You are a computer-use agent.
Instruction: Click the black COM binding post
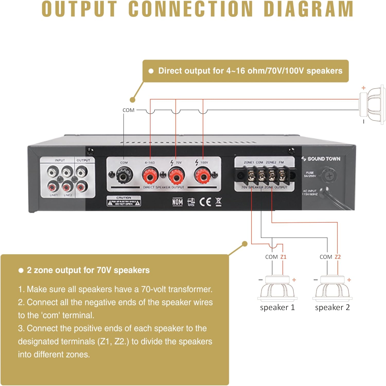[x=125, y=176]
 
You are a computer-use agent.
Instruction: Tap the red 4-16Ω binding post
[x=150, y=176]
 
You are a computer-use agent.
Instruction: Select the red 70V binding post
[x=176, y=176]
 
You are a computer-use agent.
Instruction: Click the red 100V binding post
[x=203, y=176]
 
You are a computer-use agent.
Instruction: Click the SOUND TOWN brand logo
[x=321, y=159]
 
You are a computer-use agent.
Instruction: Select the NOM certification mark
[x=178, y=202]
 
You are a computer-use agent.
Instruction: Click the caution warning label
[x=124, y=201]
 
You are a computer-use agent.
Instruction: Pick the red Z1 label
[x=283, y=257]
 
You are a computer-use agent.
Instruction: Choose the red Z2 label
[x=338, y=257]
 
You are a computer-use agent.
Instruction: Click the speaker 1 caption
[x=277, y=307]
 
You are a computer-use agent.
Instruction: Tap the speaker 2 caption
[x=332, y=307]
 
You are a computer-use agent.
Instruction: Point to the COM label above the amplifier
[x=128, y=110]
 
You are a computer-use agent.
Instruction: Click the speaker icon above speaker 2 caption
[x=332, y=289]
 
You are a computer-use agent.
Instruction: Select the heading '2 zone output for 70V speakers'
[x=88, y=270]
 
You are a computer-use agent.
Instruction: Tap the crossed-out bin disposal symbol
[x=218, y=202]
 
